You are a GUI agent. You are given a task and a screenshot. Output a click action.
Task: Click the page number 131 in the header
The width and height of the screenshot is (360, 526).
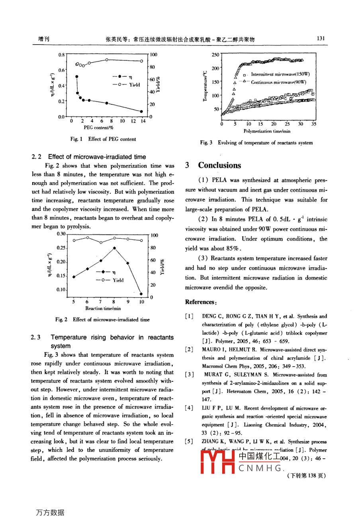[321, 38]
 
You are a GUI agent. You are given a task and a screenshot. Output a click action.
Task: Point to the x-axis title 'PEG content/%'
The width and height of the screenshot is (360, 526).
[98, 128]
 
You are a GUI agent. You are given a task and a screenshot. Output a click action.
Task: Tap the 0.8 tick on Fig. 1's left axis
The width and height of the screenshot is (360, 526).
[61, 55]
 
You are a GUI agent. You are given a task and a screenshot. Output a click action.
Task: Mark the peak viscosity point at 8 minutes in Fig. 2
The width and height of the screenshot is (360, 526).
[114, 248]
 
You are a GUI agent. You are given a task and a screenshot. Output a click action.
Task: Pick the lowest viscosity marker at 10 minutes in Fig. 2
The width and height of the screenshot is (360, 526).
[141, 294]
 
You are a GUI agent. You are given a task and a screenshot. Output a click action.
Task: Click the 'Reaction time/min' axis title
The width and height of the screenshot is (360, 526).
[103, 308]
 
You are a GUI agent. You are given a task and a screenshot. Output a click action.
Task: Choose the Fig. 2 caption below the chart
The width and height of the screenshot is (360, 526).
[102, 319]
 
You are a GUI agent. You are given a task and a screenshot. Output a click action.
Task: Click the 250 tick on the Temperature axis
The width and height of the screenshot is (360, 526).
[215, 55]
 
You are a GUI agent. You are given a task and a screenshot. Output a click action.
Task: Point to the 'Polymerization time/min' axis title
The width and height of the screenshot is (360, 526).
[267, 131]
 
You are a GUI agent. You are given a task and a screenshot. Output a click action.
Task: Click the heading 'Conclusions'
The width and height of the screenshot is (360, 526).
[219, 165]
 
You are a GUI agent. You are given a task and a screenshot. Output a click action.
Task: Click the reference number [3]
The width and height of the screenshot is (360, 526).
[190, 375]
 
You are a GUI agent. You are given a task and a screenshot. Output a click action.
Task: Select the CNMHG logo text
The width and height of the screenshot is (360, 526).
[261, 468]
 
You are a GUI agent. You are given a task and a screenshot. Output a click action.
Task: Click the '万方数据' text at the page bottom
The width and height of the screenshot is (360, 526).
[50, 512]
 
